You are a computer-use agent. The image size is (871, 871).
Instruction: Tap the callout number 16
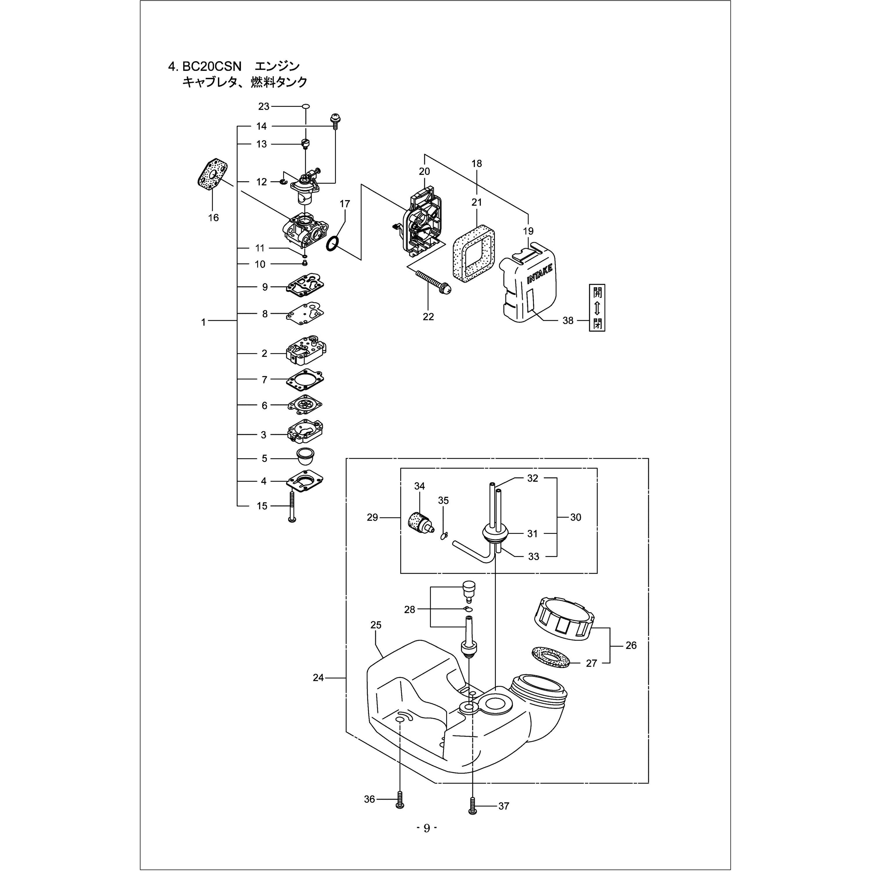213,218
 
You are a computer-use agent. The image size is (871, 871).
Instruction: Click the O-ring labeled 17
332,244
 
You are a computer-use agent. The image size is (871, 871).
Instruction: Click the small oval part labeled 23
306,106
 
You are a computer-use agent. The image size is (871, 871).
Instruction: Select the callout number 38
568,321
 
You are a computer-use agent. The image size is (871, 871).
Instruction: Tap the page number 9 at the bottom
426,840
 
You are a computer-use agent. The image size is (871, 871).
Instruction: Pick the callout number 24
318,678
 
